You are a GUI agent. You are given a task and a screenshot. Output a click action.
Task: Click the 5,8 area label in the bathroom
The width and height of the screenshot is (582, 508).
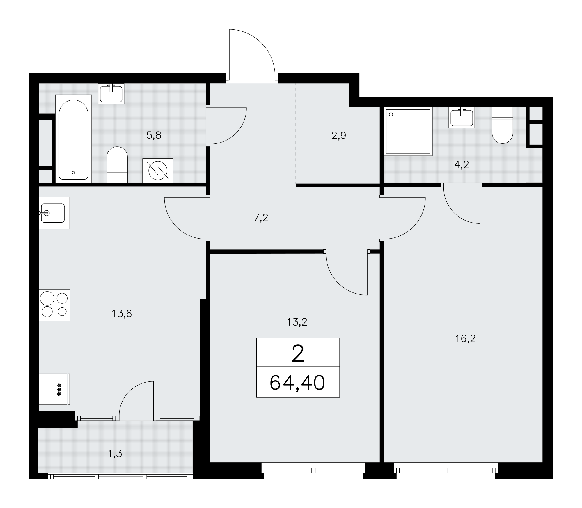[x=154, y=135]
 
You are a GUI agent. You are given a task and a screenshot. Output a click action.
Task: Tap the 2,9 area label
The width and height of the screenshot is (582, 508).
[x=339, y=136]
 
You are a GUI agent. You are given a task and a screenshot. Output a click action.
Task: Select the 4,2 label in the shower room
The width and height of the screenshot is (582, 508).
[x=462, y=165]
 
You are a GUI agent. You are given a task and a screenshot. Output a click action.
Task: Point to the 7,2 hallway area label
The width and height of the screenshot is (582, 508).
[x=261, y=218]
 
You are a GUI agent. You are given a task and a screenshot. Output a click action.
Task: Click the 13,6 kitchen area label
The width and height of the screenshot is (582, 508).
[x=122, y=314]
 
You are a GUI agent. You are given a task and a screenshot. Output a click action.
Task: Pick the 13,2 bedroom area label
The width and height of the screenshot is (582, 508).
[x=297, y=322]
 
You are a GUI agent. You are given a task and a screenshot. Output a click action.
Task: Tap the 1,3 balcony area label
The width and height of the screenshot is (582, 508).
[x=115, y=453]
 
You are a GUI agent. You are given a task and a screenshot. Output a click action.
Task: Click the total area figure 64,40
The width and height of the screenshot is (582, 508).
[x=297, y=383]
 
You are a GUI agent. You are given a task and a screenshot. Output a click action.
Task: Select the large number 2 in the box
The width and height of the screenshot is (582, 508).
[x=298, y=354]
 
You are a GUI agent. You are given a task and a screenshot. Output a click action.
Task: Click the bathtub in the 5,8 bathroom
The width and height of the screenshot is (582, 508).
[x=74, y=139]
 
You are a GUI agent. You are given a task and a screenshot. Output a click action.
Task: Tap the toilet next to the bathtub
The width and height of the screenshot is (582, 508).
[x=117, y=165]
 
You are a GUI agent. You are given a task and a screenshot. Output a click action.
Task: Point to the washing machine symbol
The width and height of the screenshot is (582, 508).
[x=158, y=170]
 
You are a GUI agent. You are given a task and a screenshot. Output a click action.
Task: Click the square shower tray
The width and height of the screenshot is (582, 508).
[x=408, y=131]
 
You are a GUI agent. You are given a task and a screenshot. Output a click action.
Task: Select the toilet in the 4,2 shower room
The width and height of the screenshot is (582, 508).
[x=502, y=125]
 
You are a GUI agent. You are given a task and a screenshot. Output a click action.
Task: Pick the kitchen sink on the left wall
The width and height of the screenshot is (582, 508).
[x=54, y=213]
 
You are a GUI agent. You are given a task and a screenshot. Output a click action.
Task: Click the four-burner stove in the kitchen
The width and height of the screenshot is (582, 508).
[x=54, y=305]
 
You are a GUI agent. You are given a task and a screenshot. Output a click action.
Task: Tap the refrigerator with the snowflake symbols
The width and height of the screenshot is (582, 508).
[x=54, y=389]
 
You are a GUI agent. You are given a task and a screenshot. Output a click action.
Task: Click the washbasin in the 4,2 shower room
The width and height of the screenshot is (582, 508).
[x=462, y=117]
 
